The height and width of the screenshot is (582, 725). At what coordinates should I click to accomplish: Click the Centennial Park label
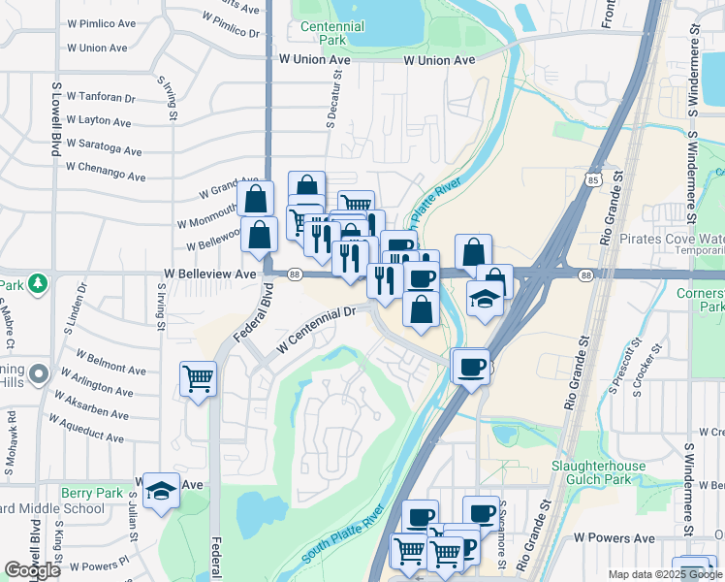pyautogui.click(x=332, y=34)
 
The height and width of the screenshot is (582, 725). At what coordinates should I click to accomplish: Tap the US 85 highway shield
pyautogui.click(x=593, y=179)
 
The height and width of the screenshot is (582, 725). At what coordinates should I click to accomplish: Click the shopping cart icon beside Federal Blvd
pyautogui.click(x=198, y=377)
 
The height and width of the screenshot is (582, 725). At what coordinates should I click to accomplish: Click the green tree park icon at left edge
pyautogui.click(x=38, y=283)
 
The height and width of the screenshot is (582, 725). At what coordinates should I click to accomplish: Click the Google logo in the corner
pyautogui.click(x=32, y=570)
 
